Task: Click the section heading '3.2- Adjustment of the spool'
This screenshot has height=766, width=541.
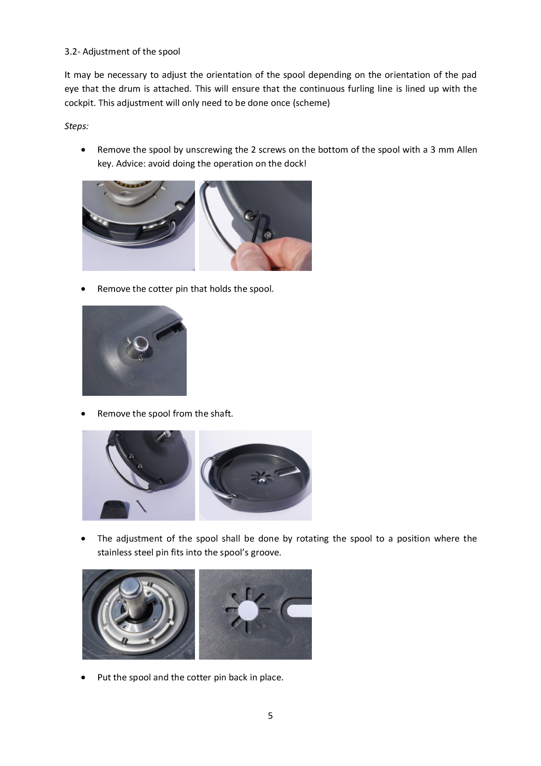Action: click(122, 51)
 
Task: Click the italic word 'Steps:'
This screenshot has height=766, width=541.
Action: click(77, 126)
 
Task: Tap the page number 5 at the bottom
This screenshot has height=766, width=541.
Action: click(270, 715)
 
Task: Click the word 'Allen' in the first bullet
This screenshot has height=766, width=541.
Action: click(467, 150)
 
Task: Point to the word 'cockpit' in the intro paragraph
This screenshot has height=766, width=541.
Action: click(79, 103)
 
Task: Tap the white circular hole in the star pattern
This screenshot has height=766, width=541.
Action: click(248, 610)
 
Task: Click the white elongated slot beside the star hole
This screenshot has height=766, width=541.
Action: click(299, 610)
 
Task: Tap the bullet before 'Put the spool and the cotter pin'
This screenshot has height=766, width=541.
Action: click(83, 678)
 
